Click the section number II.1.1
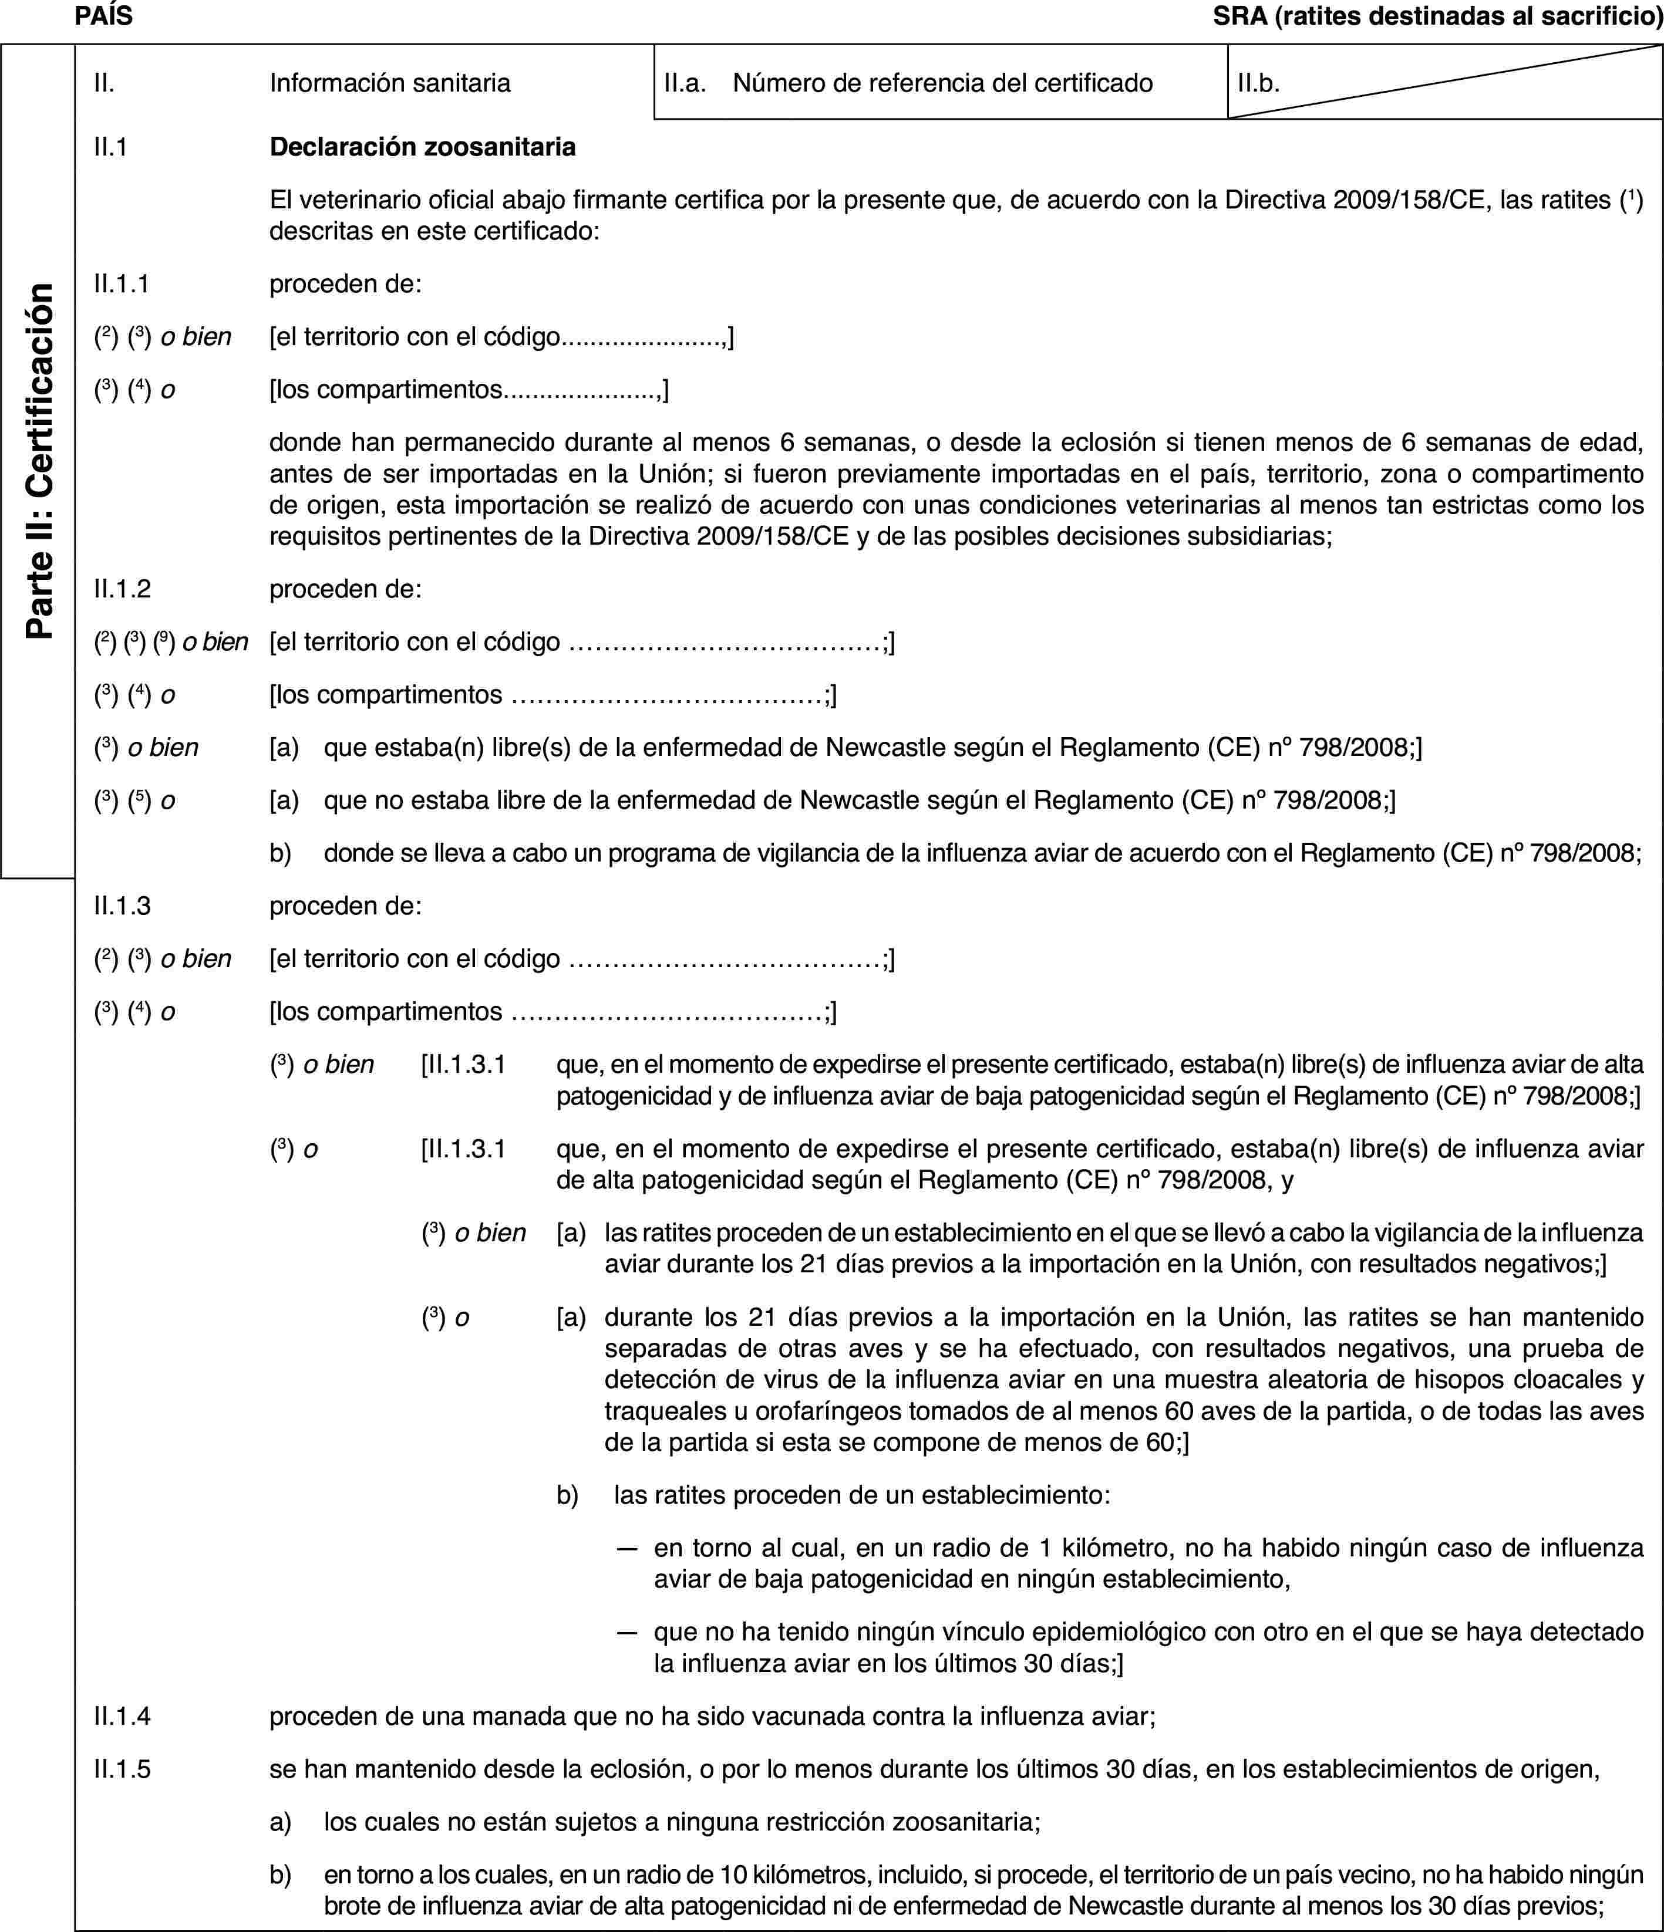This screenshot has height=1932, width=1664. point(122,283)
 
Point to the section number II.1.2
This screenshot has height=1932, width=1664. point(122,589)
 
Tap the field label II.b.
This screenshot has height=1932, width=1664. point(1257,83)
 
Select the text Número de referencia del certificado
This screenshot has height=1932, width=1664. point(942,83)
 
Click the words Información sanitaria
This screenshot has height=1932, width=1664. point(390,83)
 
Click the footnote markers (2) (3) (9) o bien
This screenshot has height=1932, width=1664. point(171,641)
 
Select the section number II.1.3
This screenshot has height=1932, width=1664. point(122,906)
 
